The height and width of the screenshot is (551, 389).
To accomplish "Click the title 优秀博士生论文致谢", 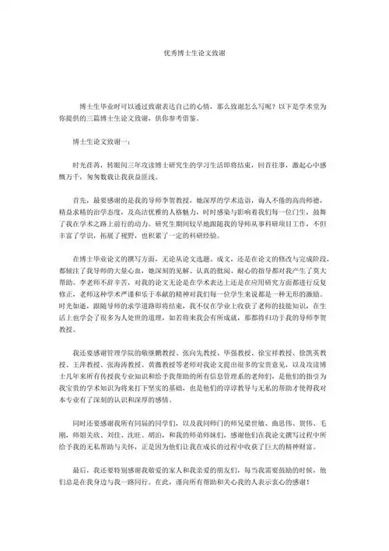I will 194,55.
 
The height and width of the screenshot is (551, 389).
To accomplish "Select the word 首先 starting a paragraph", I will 79,200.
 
